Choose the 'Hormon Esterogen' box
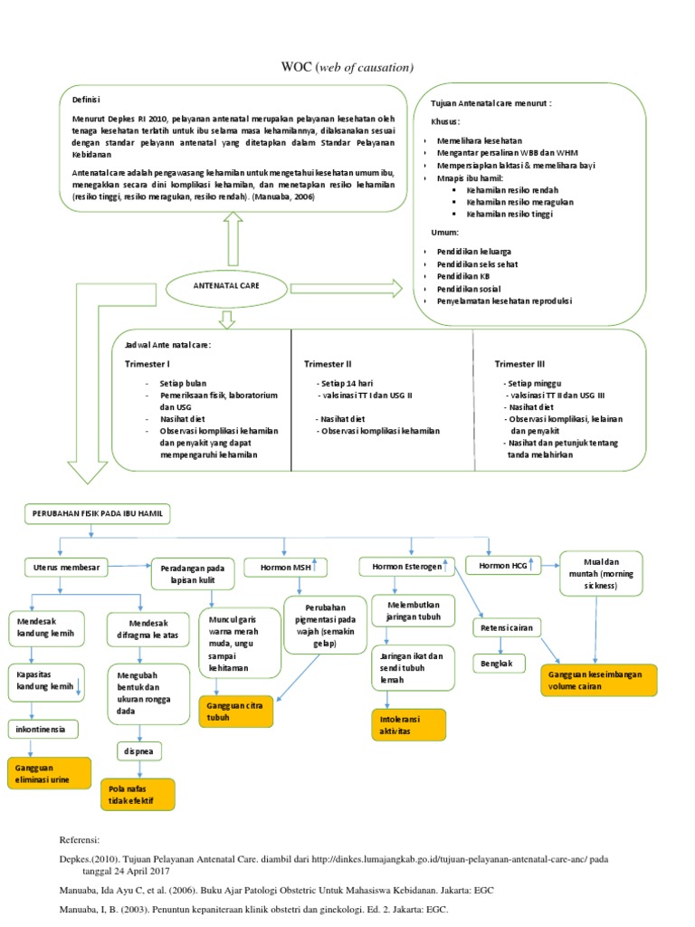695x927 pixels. point(405,568)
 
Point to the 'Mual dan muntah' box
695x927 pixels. point(596,573)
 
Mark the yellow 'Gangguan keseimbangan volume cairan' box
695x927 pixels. point(596,680)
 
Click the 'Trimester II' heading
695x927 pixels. point(328,364)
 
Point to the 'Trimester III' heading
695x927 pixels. point(520,364)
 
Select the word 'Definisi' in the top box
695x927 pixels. point(87,100)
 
